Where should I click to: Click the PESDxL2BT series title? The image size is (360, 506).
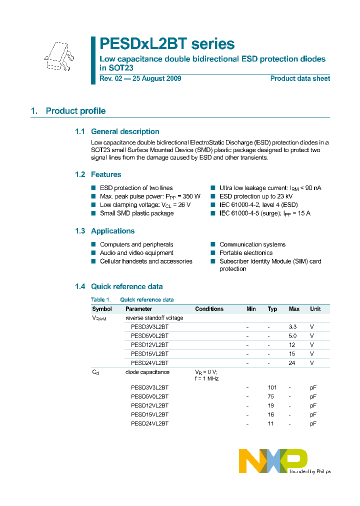pos(167,44)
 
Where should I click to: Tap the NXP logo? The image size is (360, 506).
pos(273,460)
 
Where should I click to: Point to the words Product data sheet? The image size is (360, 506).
pos(300,78)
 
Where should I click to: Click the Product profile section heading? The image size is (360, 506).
pos(75,111)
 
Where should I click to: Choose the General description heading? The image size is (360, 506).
pos(125,131)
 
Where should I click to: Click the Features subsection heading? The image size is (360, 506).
pos(105,174)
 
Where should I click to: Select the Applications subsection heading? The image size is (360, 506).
pos(112,231)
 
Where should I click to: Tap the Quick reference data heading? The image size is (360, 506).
pos(126,286)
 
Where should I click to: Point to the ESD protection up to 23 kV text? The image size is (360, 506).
pos(255,196)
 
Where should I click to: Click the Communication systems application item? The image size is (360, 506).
pos(252,244)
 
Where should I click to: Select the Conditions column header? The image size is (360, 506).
pos(209,309)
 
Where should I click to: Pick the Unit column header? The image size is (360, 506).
pos(315,309)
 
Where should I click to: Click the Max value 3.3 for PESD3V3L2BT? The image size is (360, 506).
pos(292,326)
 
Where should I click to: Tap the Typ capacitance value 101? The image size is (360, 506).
pos(272,387)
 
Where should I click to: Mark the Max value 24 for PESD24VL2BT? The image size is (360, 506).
pos(292,362)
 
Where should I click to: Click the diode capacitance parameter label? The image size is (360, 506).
pos(147,372)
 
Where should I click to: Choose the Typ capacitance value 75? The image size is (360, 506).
pos(272,396)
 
